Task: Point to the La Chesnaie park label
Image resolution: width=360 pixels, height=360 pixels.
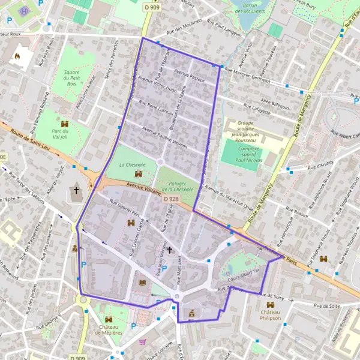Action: click(x=130, y=164)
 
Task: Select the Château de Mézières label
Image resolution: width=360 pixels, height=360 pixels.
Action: click(x=109, y=329)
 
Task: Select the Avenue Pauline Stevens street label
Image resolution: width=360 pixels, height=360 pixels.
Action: click(x=164, y=137)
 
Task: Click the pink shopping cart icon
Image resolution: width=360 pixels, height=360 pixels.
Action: click(x=143, y=342)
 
